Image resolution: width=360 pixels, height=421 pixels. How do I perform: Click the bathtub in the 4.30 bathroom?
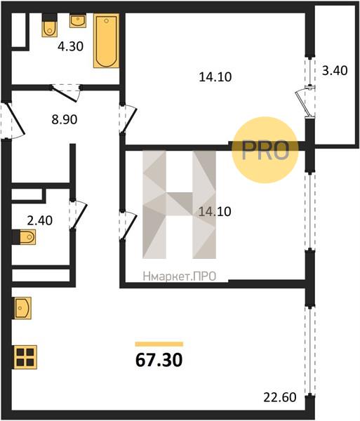tap(106, 41)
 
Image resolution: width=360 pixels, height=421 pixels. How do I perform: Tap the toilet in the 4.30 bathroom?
tap(50, 25)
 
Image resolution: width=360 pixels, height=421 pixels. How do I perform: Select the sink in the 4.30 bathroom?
tap(78, 20)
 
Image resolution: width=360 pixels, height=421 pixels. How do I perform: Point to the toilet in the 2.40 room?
tap(24, 237)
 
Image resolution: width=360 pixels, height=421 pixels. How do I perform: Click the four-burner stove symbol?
tap(25, 357)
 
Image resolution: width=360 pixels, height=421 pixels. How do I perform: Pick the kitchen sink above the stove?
tap(22, 308)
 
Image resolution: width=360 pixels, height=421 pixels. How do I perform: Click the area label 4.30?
tap(71, 46)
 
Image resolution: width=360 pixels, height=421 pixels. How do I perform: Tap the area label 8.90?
tap(65, 119)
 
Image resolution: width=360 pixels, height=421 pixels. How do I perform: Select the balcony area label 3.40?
tap(335, 71)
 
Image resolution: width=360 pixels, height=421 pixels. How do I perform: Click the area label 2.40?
tap(40, 220)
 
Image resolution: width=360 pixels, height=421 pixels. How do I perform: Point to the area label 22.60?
tap(280, 397)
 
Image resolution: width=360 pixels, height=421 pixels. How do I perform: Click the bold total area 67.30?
tap(159, 360)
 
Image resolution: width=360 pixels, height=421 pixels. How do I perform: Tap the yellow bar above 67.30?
tap(159, 345)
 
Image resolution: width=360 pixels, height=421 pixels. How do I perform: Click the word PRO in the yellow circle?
tap(265, 150)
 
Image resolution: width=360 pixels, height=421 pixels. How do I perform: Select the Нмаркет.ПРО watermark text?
tap(180, 276)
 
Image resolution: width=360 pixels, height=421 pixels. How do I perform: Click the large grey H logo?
tap(180, 205)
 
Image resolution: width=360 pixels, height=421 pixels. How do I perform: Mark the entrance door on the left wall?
tap(13, 120)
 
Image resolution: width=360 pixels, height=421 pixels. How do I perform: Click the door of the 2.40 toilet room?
tap(79, 215)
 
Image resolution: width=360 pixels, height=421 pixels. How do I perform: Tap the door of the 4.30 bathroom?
tap(66, 93)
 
